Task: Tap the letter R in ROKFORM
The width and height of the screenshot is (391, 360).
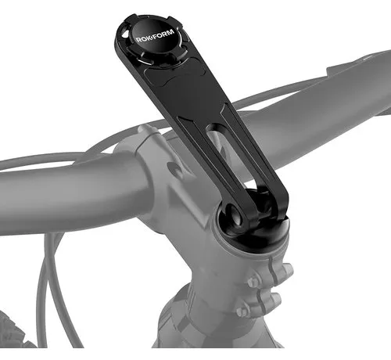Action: pos(138,39)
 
